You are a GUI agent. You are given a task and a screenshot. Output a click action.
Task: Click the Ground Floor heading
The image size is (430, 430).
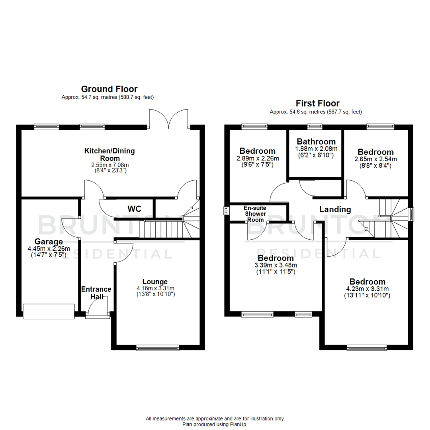[109, 89]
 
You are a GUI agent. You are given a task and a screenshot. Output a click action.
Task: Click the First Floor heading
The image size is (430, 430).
[317, 104]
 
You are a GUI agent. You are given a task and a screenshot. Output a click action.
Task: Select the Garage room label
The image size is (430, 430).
[49, 241]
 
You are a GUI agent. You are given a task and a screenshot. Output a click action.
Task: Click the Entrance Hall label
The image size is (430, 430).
[96, 293]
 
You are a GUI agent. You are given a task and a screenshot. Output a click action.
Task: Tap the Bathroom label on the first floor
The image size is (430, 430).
[316, 141]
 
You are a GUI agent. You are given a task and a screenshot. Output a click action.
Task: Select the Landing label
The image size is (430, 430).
[335, 209]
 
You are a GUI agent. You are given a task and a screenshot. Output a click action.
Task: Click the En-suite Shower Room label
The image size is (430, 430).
[255, 214]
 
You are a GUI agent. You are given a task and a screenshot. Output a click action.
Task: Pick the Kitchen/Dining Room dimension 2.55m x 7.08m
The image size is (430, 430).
[109, 164]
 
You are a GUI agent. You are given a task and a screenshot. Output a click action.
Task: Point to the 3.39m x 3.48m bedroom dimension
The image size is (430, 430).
[275, 265]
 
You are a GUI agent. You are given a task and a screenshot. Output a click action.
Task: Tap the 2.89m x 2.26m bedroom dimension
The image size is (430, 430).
[257, 158]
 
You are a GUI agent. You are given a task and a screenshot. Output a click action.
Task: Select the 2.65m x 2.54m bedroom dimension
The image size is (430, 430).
[375, 159]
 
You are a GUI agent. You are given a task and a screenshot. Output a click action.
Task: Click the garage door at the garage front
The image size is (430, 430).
[49, 311]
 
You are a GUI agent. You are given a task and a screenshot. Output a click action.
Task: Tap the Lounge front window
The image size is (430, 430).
[158, 348]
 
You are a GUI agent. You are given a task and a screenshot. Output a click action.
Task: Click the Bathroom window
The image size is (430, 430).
[315, 127]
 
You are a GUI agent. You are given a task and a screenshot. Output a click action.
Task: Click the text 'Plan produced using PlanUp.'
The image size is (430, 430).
[215, 424]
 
